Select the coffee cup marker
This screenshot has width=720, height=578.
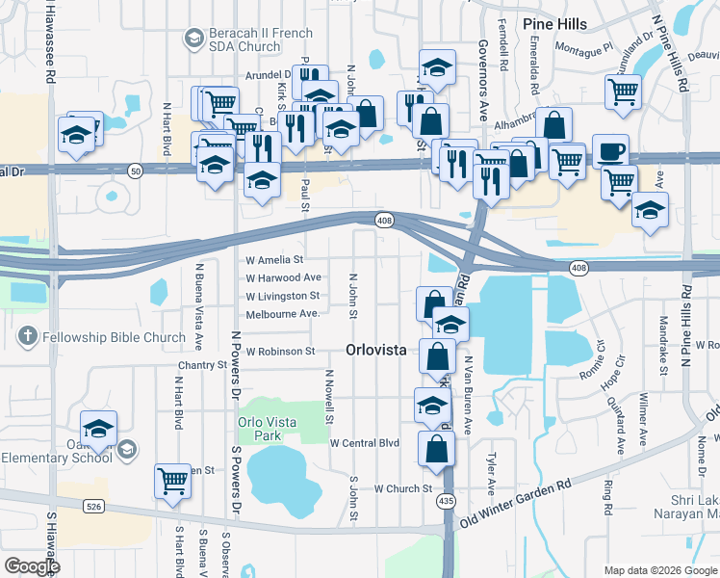pyautogui.click(x=610, y=152)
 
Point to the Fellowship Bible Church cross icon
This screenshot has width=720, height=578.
pyautogui.click(x=29, y=337)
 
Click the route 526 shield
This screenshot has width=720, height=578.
pyautogui.click(x=93, y=506)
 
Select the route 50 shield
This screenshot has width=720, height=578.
pyautogui.click(x=135, y=171)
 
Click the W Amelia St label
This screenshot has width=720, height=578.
pyautogui.click(x=274, y=260)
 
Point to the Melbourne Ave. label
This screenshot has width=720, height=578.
pyautogui.click(x=282, y=314)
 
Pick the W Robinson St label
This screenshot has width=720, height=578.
pyautogui.click(x=280, y=353)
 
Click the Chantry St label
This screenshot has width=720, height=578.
pyautogui.click(x=200, y=366)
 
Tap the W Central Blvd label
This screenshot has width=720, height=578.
pyautogui.click(x=364, y=443)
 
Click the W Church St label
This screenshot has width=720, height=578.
pyautogui.click(x=403, y=488)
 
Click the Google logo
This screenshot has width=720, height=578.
pyautogui.click(x=32, y=566)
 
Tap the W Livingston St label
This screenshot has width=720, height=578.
pyautogui.click(x=282, y=296)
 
